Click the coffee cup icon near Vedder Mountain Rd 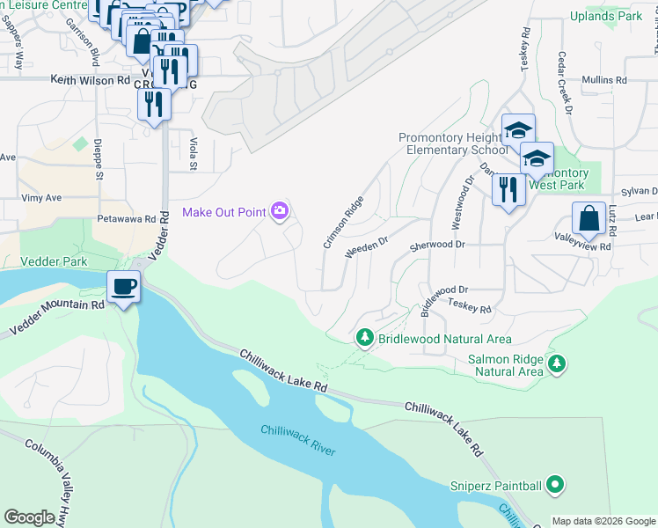point(123,286)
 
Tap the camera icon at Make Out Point point(281,210)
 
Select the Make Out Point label point(224,212)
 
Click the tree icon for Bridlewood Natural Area point(365,338)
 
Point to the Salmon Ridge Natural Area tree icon point(556,363)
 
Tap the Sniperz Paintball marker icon point(554,484)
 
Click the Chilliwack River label point(297,440)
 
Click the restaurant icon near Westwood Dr point(508,188)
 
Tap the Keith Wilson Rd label point(90,80)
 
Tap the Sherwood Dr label point(436,244)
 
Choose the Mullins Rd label point(604,80)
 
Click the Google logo point(31,517)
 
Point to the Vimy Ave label point(41,198)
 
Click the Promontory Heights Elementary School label point(452,143)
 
